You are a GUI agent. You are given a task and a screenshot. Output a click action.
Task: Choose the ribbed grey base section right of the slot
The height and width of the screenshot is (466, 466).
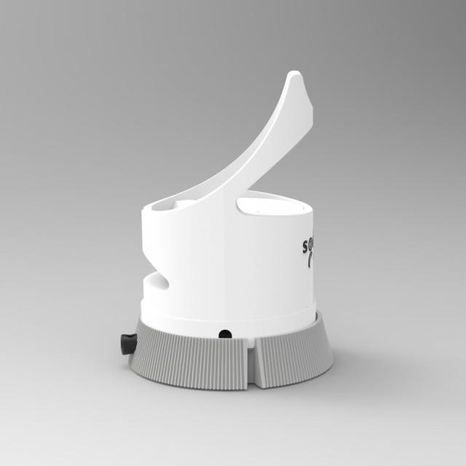(291, 357)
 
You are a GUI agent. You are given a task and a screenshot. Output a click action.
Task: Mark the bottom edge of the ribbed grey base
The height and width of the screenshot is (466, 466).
(218, 388)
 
